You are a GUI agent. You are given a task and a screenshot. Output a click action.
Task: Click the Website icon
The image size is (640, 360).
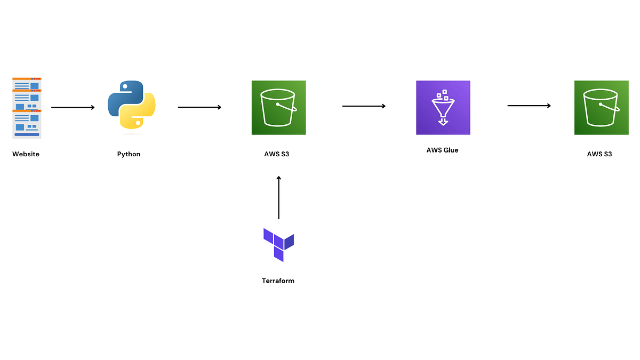27,108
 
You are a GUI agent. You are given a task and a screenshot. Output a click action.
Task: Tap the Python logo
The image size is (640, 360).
131,105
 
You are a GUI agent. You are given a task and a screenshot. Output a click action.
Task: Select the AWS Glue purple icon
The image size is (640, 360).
443,107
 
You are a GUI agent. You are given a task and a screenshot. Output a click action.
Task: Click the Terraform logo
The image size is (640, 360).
278,245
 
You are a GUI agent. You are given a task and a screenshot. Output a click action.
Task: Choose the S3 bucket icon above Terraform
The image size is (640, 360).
278,107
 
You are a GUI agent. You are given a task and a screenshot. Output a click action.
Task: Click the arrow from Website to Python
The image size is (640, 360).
73,108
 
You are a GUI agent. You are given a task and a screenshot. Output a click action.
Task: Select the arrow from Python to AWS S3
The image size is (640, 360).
199,107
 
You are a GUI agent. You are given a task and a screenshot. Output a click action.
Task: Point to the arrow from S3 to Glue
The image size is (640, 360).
364,106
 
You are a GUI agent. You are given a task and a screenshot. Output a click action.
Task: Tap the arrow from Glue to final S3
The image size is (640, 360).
529,106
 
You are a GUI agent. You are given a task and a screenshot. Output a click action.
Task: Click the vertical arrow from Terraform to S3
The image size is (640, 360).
278,197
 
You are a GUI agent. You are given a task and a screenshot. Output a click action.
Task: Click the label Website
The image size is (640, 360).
26,154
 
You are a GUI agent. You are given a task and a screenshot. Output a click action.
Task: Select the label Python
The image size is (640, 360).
129,154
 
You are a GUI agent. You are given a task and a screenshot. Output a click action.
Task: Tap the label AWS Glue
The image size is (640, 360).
442,150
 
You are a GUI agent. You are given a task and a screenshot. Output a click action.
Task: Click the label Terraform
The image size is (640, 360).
278,281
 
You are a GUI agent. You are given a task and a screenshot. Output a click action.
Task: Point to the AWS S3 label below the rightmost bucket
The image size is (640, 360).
599,154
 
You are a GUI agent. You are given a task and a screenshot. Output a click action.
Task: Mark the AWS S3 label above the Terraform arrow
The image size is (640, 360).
277,154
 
